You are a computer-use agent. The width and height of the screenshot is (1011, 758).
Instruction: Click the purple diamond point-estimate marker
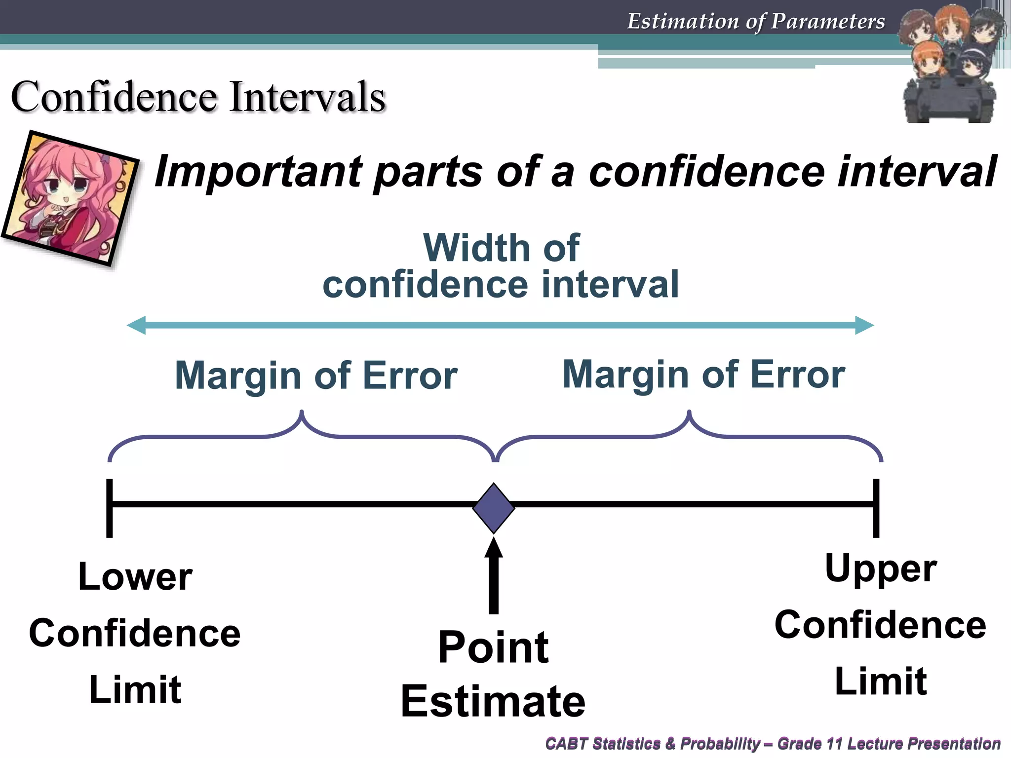[x=493, y=508]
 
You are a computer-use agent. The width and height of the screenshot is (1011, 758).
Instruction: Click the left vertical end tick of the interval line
[x=110, y=508]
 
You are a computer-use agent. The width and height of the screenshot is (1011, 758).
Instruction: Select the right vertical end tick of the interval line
[x=876, y=508]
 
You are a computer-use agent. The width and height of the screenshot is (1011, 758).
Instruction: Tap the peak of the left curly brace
[x=302, y=413]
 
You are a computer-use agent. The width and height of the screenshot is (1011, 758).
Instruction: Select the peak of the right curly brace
[x=689, y=413]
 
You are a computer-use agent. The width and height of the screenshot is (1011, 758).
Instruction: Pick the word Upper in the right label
[x=881, y=568]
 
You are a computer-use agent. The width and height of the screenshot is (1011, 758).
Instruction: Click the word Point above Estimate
[x=493, y=647]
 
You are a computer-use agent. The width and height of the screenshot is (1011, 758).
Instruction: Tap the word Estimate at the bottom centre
[x=493, y=701]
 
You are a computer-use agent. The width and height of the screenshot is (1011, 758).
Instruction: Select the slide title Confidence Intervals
[x=198, y=97]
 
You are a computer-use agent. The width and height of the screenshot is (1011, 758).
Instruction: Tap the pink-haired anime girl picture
[x=71, y=198]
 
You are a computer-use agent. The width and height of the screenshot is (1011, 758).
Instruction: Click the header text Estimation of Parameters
[x=756, y=22]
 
